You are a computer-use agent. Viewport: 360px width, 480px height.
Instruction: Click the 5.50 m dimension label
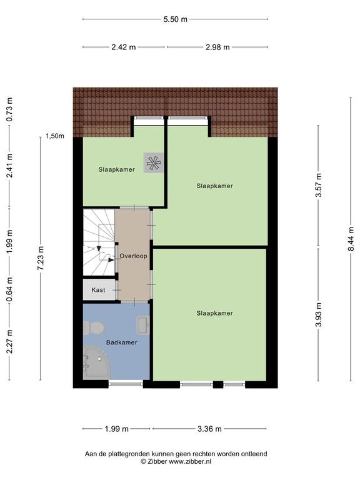click(175, 19)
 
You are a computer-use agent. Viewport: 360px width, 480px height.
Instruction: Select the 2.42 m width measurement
click(123, 47)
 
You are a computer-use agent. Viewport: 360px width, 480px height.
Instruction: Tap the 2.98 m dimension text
click(217, 47)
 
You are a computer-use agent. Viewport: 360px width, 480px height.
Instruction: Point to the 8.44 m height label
click(351, 239)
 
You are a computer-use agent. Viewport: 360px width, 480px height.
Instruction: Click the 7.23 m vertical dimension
click(41, 258)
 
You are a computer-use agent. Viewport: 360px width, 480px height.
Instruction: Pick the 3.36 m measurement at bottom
click(209, 429)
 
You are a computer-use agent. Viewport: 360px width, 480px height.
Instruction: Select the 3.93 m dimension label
click(319, 314)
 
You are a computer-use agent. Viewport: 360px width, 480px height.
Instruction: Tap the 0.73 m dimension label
click(10, 109)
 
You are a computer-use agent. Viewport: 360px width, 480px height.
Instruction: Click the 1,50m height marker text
click(55, 136)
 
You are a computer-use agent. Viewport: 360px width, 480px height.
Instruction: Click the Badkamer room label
click(121, 342)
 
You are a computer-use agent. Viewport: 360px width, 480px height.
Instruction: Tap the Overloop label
click(134, 256)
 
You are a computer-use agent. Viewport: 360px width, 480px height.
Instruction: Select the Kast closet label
click(98, 289)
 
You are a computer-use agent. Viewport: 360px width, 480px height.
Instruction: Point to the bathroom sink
click(143, 325)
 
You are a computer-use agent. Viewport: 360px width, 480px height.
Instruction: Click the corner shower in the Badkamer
click(96, 362)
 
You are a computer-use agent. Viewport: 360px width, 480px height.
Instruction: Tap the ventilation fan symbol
click(153, 163)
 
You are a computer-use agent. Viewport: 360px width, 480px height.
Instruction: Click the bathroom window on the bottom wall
click(126, 384)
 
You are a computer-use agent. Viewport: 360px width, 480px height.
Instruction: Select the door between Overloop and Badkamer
click(134, 301)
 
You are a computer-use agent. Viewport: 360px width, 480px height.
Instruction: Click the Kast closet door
click(117, 289)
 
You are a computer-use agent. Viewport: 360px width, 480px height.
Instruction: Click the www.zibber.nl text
click(190, 461)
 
